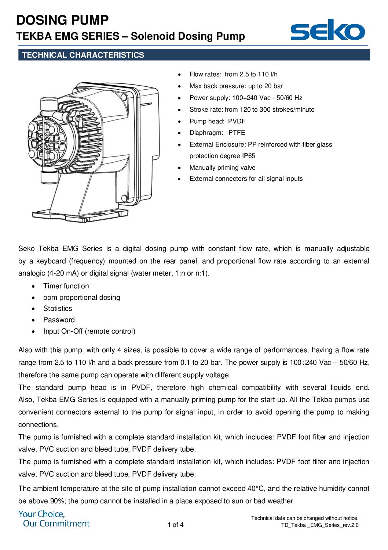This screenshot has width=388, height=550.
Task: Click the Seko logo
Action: [x=327, y=30]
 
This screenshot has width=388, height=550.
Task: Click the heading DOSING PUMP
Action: [x=63, y=20]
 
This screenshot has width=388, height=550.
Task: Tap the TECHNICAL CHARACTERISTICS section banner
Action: [x=194, y=55]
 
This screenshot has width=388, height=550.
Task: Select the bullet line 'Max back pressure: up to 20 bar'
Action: [x=236, y=86]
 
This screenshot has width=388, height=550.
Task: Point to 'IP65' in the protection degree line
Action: [x=248, y=156]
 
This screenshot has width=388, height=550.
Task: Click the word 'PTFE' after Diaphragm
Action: [x=237, y=133]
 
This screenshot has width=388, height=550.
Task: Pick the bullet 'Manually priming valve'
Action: [x=222, y=168]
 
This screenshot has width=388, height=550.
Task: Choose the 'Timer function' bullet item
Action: [x=66, y=286]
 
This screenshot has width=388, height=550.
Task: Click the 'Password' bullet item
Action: [x=59, y=320]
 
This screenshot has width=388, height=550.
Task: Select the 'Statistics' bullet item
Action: [x=58, y=308]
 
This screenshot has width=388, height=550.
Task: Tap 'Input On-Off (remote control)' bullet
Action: [x=89, y=331]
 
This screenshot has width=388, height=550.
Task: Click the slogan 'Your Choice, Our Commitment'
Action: [x=54, y=519]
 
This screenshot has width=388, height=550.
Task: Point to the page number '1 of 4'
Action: [x=176, y=525]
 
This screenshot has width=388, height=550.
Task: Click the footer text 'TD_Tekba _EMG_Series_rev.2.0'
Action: [x=319, y=525]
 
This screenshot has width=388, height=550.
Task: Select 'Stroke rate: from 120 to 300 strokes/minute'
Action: [x=252, y=109]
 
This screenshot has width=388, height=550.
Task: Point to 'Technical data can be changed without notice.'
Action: [x=304, y=518]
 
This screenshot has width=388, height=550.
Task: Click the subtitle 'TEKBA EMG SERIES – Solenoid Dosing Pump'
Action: [x=131, y=36]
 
